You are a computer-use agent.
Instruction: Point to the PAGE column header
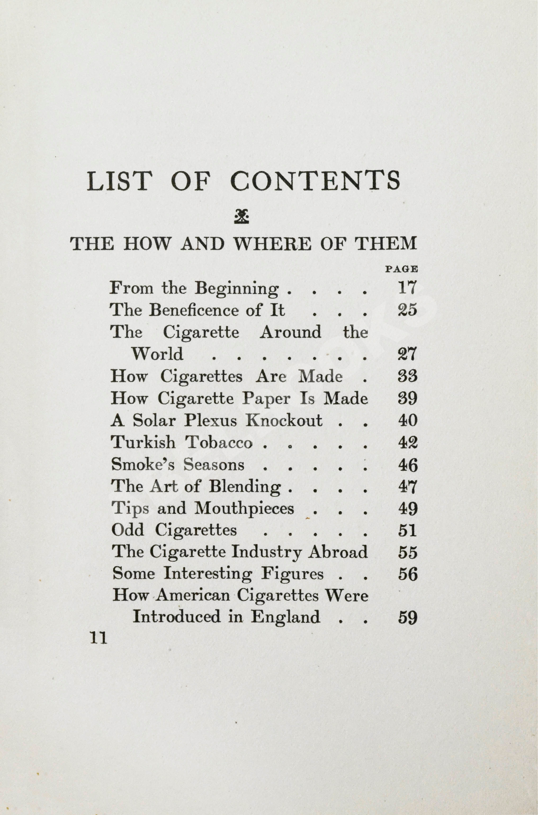(x=401, y=269)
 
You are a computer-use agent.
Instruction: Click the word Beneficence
(x=194, y=310)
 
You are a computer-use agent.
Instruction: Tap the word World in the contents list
(x=157, y=354)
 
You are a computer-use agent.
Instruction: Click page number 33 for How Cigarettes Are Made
(x=407, y=376)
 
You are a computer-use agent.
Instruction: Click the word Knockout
(x=284, y=420)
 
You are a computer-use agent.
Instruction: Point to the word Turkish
(x=143, y=442)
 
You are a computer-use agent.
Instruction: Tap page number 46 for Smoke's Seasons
(x=407, y=465)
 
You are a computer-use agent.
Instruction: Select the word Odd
(x=128, y=530)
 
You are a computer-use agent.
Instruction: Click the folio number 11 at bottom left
(x=99, y=638)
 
